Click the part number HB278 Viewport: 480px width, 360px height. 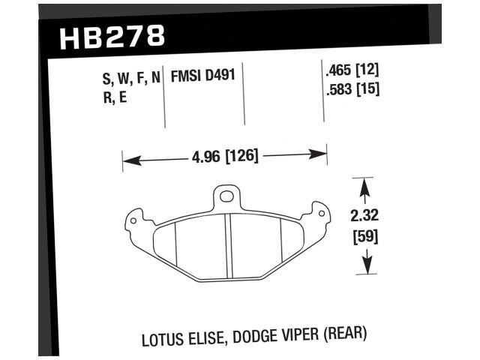109,36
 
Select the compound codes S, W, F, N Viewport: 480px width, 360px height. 124,76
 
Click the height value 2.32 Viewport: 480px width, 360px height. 364,215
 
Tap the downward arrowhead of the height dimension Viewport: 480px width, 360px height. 365,268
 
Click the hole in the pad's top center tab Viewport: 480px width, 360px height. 226,197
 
